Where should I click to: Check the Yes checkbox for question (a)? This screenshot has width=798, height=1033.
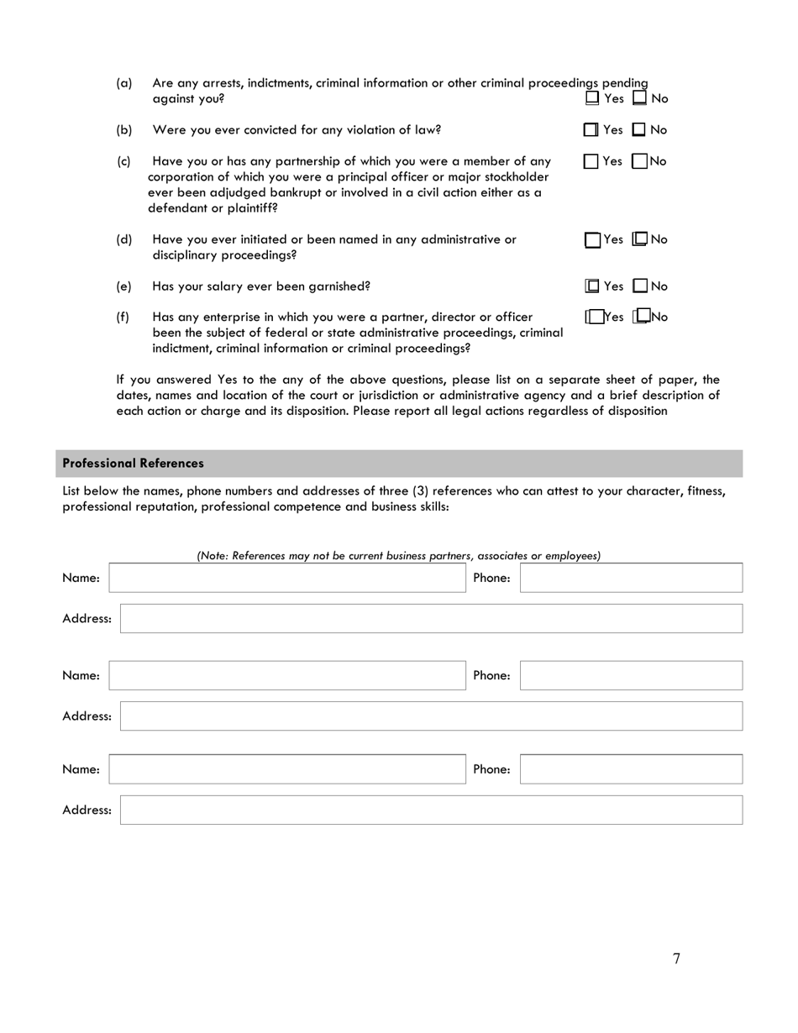pos(592,98)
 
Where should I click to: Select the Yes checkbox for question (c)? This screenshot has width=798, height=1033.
pos(591,161)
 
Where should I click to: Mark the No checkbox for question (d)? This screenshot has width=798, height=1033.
pos(639,239)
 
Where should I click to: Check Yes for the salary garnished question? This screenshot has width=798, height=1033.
pos(592,286)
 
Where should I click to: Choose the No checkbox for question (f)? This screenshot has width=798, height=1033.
pos(643,317)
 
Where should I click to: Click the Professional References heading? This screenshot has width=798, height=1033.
pos(133,464)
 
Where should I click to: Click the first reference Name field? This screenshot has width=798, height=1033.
pos(287,578)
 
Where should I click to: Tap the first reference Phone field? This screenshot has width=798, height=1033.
pos(631,578)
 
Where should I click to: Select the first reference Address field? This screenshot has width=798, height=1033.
pos(431,618)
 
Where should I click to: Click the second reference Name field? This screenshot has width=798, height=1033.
pos(287,675)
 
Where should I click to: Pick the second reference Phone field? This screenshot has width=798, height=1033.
pos(631,675)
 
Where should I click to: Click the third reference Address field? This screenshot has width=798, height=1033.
pos(431,810)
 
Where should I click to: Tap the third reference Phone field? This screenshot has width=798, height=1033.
pos(631,769)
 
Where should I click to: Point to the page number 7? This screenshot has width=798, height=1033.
pos(676,959)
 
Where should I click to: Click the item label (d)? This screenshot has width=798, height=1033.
pos(124,239)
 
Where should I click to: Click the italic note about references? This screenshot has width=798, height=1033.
pos(398,555)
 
